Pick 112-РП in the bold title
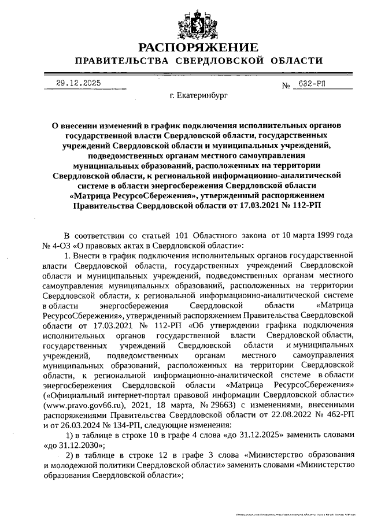click(302, 205)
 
